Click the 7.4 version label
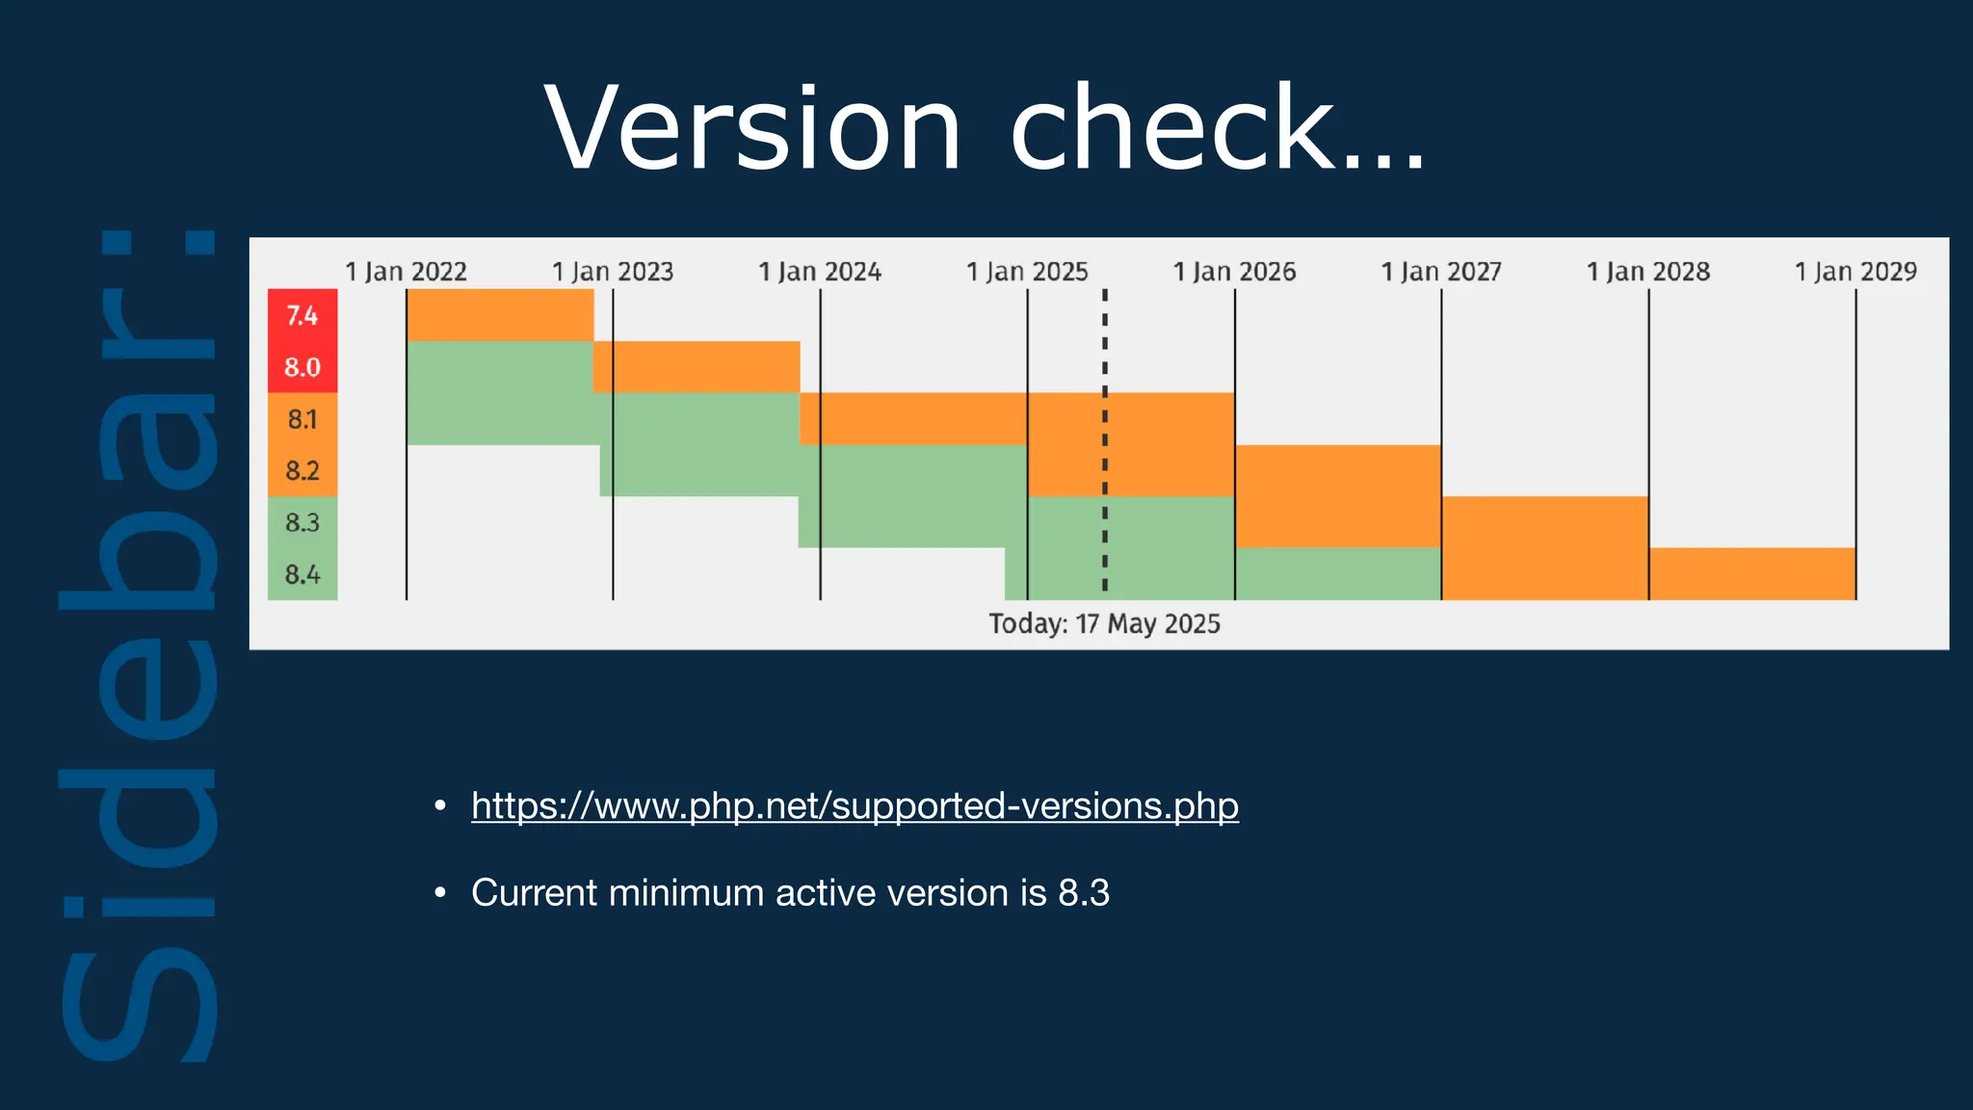302,315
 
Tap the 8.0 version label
302,367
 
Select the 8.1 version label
302,419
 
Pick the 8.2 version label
302,470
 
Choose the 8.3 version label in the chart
302,522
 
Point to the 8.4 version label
302,574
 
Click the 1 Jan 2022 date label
406,272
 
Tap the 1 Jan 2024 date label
820,272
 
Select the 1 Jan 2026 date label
1234,272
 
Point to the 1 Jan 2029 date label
1855,272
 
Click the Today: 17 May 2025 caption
1104,624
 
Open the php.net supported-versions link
855,806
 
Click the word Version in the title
752,128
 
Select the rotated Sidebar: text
140,646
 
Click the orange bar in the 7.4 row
500,315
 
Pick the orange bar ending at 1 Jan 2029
1751,574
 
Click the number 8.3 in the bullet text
1084,893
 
